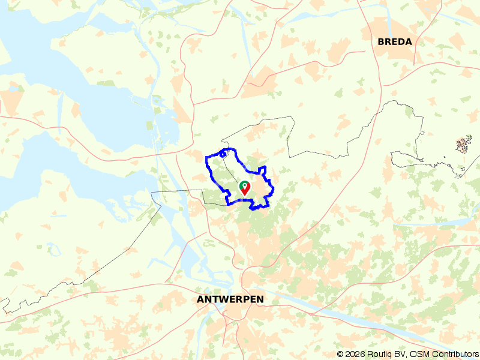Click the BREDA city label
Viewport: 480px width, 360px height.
pos(395,42)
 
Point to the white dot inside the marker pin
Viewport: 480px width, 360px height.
pos(245,185)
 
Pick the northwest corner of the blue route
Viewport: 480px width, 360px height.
pos(207,158)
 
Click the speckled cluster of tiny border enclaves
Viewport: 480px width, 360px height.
pos(463,145)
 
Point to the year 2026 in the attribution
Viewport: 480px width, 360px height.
pos(355,354)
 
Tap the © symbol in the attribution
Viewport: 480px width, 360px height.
pos(340,354)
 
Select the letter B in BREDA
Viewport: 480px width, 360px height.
pos(381,42)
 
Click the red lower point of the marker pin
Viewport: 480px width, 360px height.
pos(245,193)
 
